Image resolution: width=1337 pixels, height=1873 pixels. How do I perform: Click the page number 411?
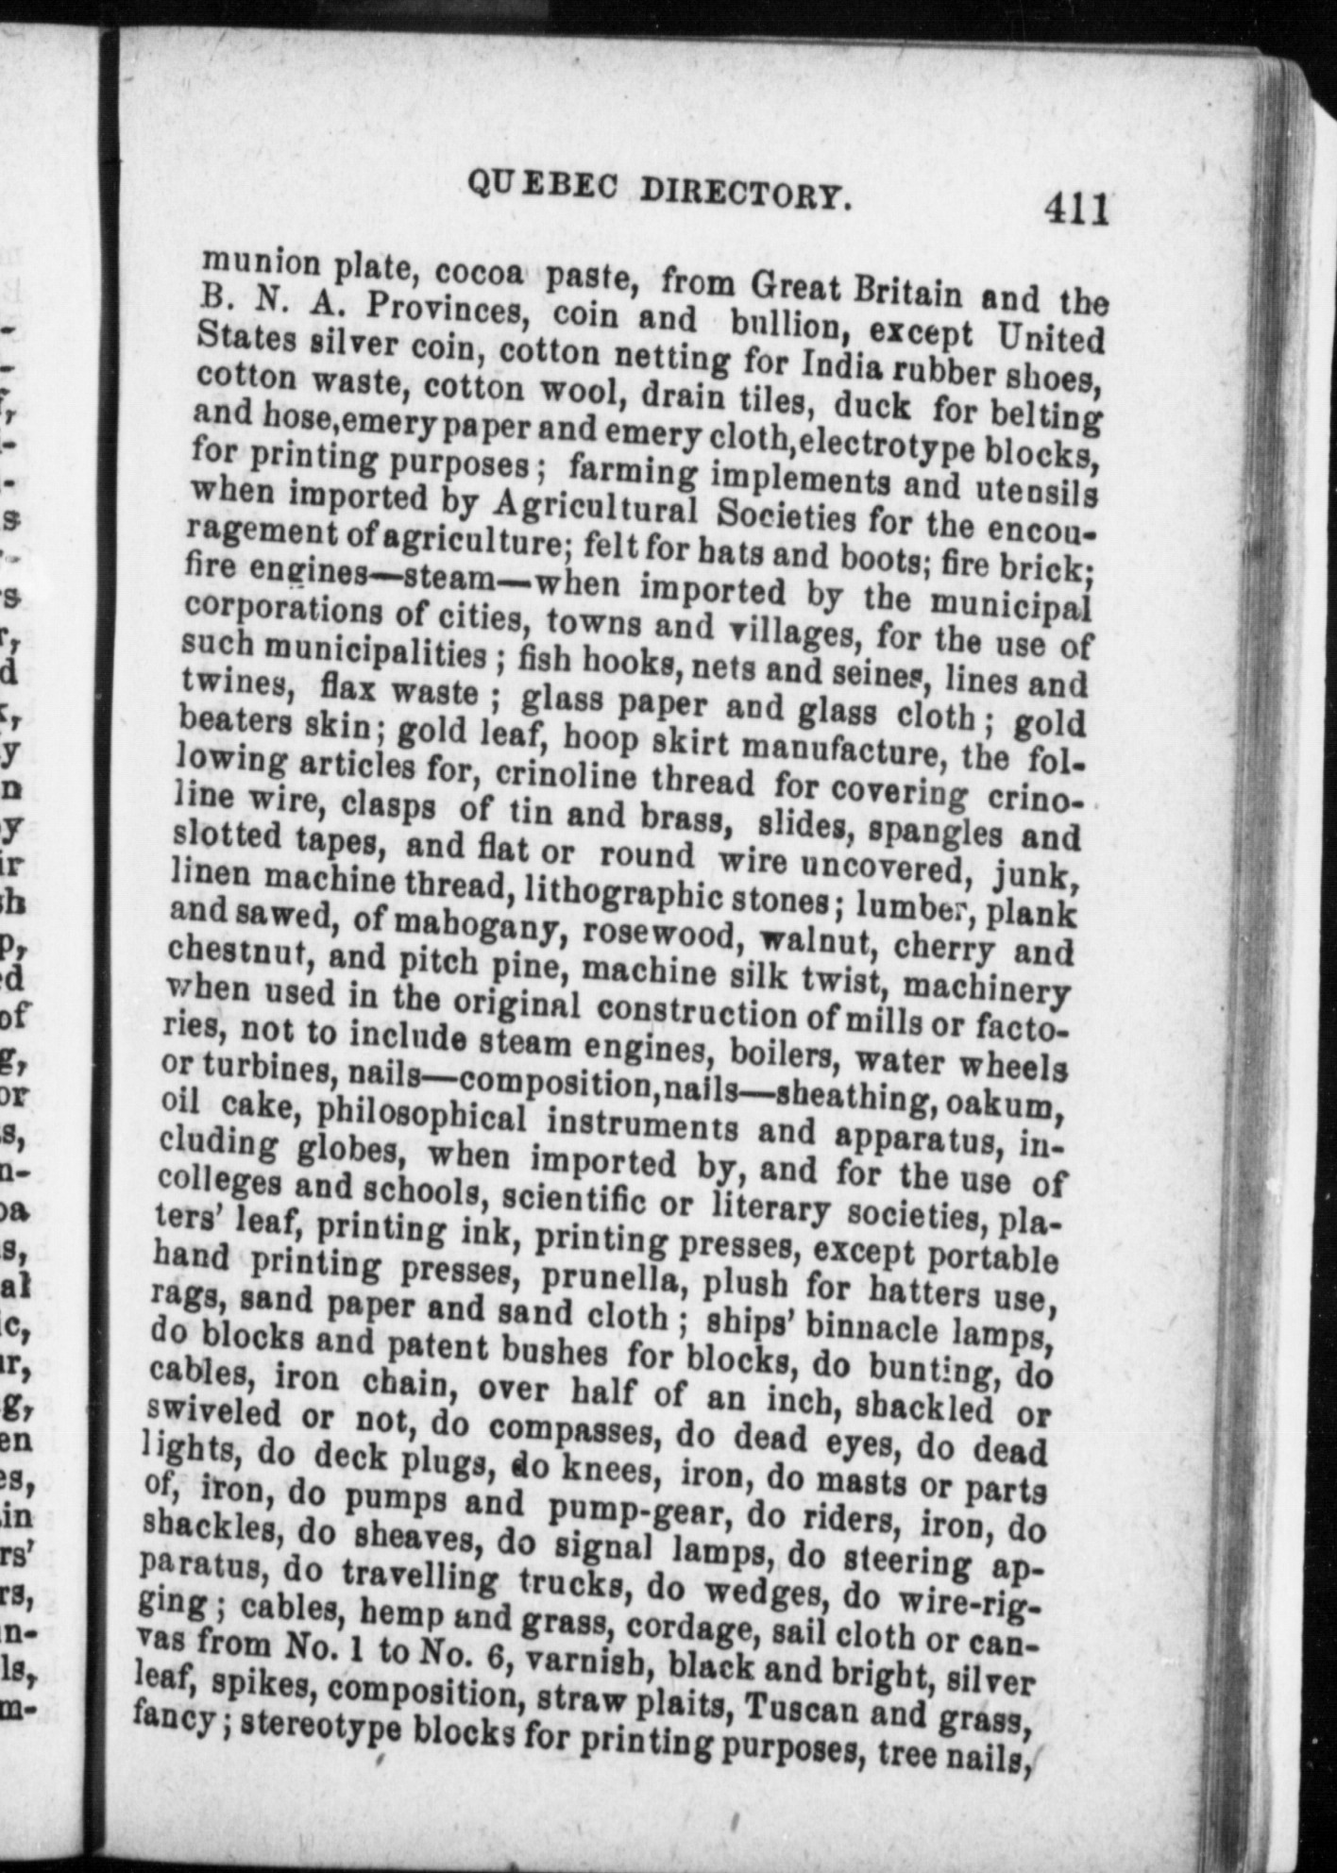coord(1075,209)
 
